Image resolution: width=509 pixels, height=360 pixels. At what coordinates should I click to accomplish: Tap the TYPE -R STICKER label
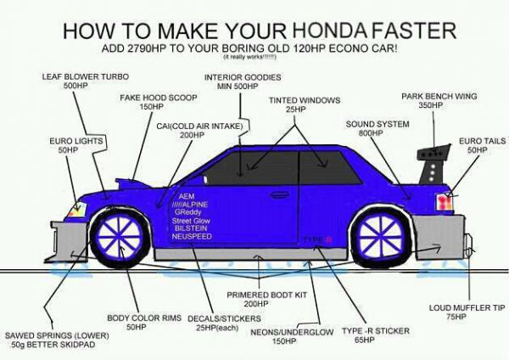(366, 332)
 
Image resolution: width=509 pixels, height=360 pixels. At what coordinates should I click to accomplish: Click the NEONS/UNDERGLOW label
(293, 333)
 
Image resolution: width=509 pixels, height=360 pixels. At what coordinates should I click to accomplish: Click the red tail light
(443, 203)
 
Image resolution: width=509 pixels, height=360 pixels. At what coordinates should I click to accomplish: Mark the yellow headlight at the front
(78, 209)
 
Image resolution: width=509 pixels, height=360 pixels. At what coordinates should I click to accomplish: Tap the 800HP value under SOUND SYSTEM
(371, 134)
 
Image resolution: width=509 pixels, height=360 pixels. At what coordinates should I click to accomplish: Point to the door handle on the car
(279, 194)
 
